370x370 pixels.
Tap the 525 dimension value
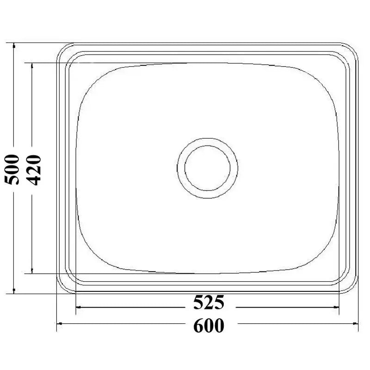[x=208, y=303]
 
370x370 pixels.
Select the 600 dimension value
[x=208, y=326]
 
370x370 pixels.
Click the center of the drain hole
[x=208, y=167]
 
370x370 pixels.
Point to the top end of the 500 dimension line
[x=15, y=44]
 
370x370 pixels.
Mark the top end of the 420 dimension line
[x=31, y=63]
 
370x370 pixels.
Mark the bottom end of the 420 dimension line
[x=31, y=273]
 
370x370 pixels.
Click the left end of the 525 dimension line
[x=75, y=307]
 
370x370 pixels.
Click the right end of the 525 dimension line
[x=339, y=307]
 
